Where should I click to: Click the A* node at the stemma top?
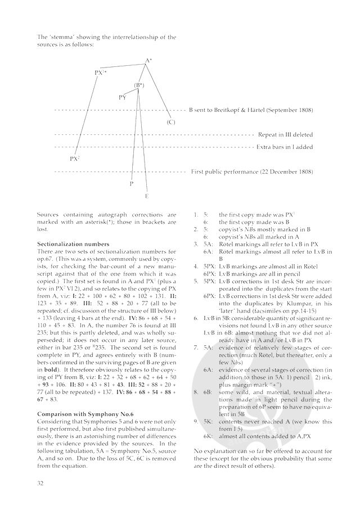(x=148, y=60)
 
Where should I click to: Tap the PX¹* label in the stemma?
(x=101, y=73)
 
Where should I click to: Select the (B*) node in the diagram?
(x=139, y=85)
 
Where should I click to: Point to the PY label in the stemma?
(x=123, y=97)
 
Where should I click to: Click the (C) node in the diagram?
(x=171, y=122)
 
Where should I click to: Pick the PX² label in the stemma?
(x=75, y=159)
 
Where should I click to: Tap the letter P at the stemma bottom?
(x=131, y=183)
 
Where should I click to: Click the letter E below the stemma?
(x=147, y=196)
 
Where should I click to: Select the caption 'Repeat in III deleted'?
(x=285, y=135)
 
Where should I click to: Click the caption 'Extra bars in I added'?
(x=285, y=147)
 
